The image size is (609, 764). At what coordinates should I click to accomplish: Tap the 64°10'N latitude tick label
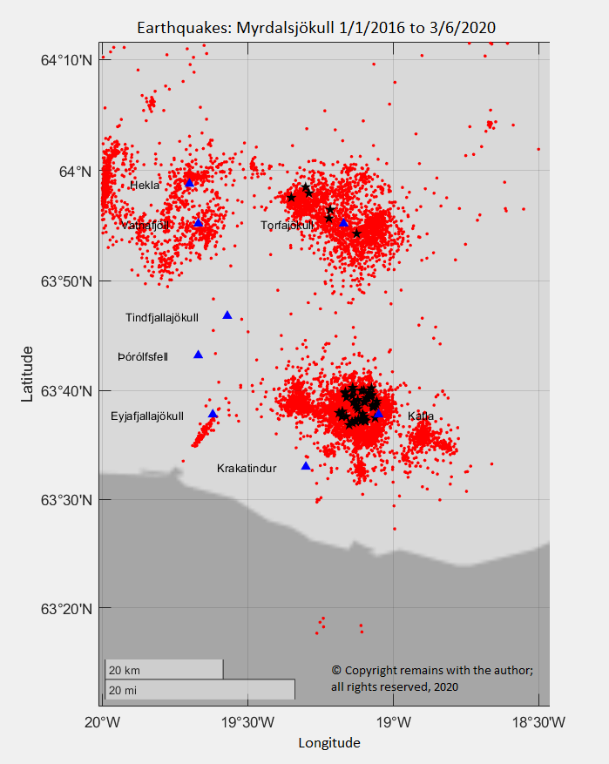pyautogui.click(x=65, y=60)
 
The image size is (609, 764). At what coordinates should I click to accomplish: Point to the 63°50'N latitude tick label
pyautogui.click(x=65, y=281)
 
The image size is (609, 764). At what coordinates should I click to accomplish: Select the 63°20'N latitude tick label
pyautogui.click(x=65, y=608)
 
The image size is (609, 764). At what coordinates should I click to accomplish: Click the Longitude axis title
pyautogui.click(x=328, y=743)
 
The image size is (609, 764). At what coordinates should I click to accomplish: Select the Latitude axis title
pyautogui.click(x=28, y=374)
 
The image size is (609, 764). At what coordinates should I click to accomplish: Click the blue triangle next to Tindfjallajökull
pyautogui.click(x=227, y=315)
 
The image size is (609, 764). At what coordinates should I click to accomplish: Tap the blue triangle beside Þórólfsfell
pyautogui.click(x=198, y=355)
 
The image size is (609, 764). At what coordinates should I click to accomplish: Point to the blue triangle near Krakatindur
pyautogui.click(x=306, y=466)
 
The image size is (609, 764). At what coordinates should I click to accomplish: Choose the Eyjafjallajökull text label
pyautogui.click(x=147, y=416)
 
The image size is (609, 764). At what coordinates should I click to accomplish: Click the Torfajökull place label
pyautogui.click(x=287, y=226)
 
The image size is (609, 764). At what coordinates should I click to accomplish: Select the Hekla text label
pyautogui.click(x=145, y=186)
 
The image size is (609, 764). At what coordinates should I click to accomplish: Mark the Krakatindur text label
pyautogui.click(x=247, y=469)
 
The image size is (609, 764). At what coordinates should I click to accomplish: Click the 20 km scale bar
pyautogui.click(x=164, y=670)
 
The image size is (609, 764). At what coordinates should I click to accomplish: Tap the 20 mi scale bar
pyautogui.click(x=200, y=690)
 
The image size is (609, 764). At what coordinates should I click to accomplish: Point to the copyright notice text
pyautogui.click(x=431, y=679)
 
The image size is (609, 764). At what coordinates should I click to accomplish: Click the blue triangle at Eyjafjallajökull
pyautogui.click(x=213, y=414)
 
